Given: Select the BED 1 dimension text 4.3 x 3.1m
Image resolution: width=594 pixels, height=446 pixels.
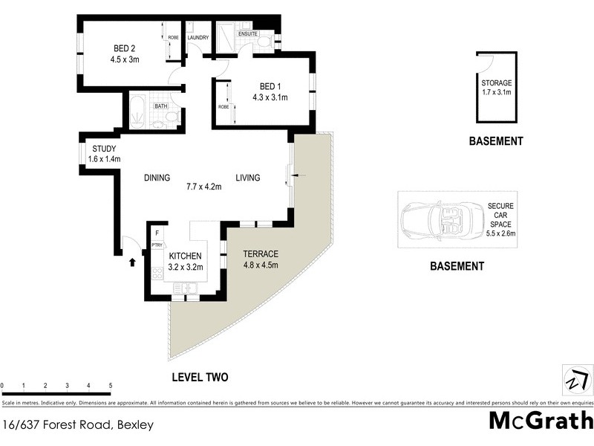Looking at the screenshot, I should [269, 97].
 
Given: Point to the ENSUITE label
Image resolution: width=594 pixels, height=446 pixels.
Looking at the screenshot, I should [248, 33].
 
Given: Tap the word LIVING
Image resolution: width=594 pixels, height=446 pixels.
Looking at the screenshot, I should [248, 178].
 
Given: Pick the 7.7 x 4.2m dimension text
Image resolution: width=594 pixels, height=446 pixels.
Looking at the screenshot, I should [204, 187].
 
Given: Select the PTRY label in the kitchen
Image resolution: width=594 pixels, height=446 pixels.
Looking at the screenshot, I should [157, 245].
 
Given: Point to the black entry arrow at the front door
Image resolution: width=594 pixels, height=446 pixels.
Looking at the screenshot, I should [133, 262].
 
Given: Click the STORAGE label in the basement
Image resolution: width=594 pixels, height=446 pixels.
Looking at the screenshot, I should [497, 83].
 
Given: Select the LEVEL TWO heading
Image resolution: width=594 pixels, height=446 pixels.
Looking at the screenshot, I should [200, 378].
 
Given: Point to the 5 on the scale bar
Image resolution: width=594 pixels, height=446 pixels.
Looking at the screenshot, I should [110, 386].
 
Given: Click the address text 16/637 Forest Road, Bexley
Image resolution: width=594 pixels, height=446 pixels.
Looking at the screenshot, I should [78, 425].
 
